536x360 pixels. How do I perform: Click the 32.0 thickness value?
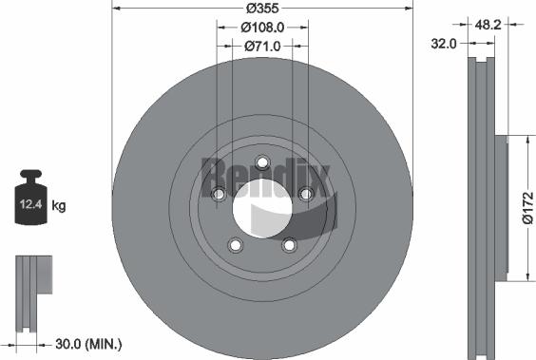pos(444,43)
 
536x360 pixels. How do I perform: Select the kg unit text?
pos(59,205)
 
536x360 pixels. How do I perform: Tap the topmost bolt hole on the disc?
pos(263,161)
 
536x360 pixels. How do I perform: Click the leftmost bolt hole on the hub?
pos(219,194)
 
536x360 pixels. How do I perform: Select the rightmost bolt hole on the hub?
pos(306,194)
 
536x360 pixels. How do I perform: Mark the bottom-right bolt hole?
pos(289,245)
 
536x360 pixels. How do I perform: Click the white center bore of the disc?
pos(262,209)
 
